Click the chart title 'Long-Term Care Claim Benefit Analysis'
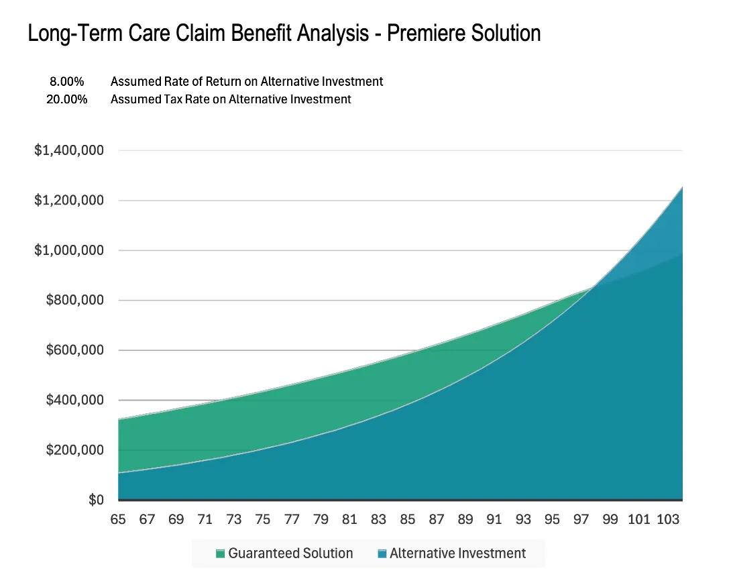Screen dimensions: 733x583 [x=199, y=34]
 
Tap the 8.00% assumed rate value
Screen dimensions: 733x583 [x=67, y=81]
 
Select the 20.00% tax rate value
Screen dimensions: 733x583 [x=67, y=99]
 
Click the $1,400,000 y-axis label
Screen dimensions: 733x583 [x=68, y=150]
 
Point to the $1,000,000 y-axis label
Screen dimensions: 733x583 [x=68, y=250]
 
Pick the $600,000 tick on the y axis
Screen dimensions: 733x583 [x=75, y=350]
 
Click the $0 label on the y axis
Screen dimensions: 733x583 [x=97, y=500]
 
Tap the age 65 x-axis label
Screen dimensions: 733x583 [x=118, y=519]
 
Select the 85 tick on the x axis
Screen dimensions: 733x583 [x=407, y=519]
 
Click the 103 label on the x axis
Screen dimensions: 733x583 [x=668, y=519]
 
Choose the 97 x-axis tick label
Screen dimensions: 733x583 [x=581, y=519]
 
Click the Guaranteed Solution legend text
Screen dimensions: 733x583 [x=290, y=553]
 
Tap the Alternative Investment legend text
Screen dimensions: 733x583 [x=457, y=553]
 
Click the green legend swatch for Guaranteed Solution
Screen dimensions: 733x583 [x=220, y=554]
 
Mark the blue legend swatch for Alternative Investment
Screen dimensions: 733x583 [x=382, y=554]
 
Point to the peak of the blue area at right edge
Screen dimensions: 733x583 [x=682, y=187]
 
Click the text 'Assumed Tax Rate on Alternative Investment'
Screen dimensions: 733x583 [x=231, y=99]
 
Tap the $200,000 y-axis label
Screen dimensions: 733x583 [x=75, y=449]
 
